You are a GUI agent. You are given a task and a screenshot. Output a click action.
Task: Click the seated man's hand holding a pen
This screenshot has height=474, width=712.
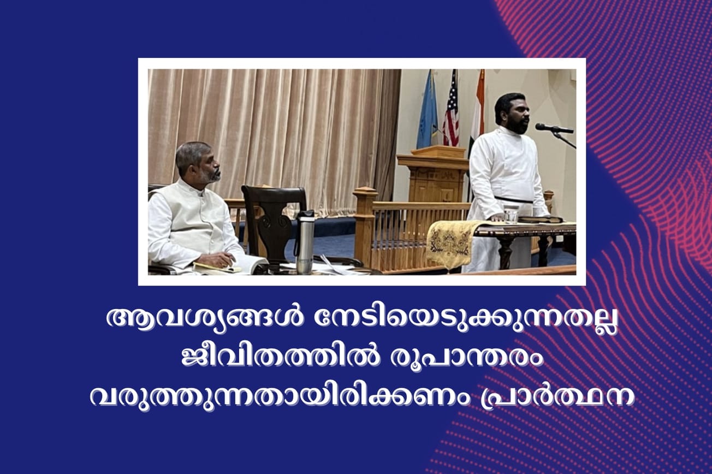point(221,260)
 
